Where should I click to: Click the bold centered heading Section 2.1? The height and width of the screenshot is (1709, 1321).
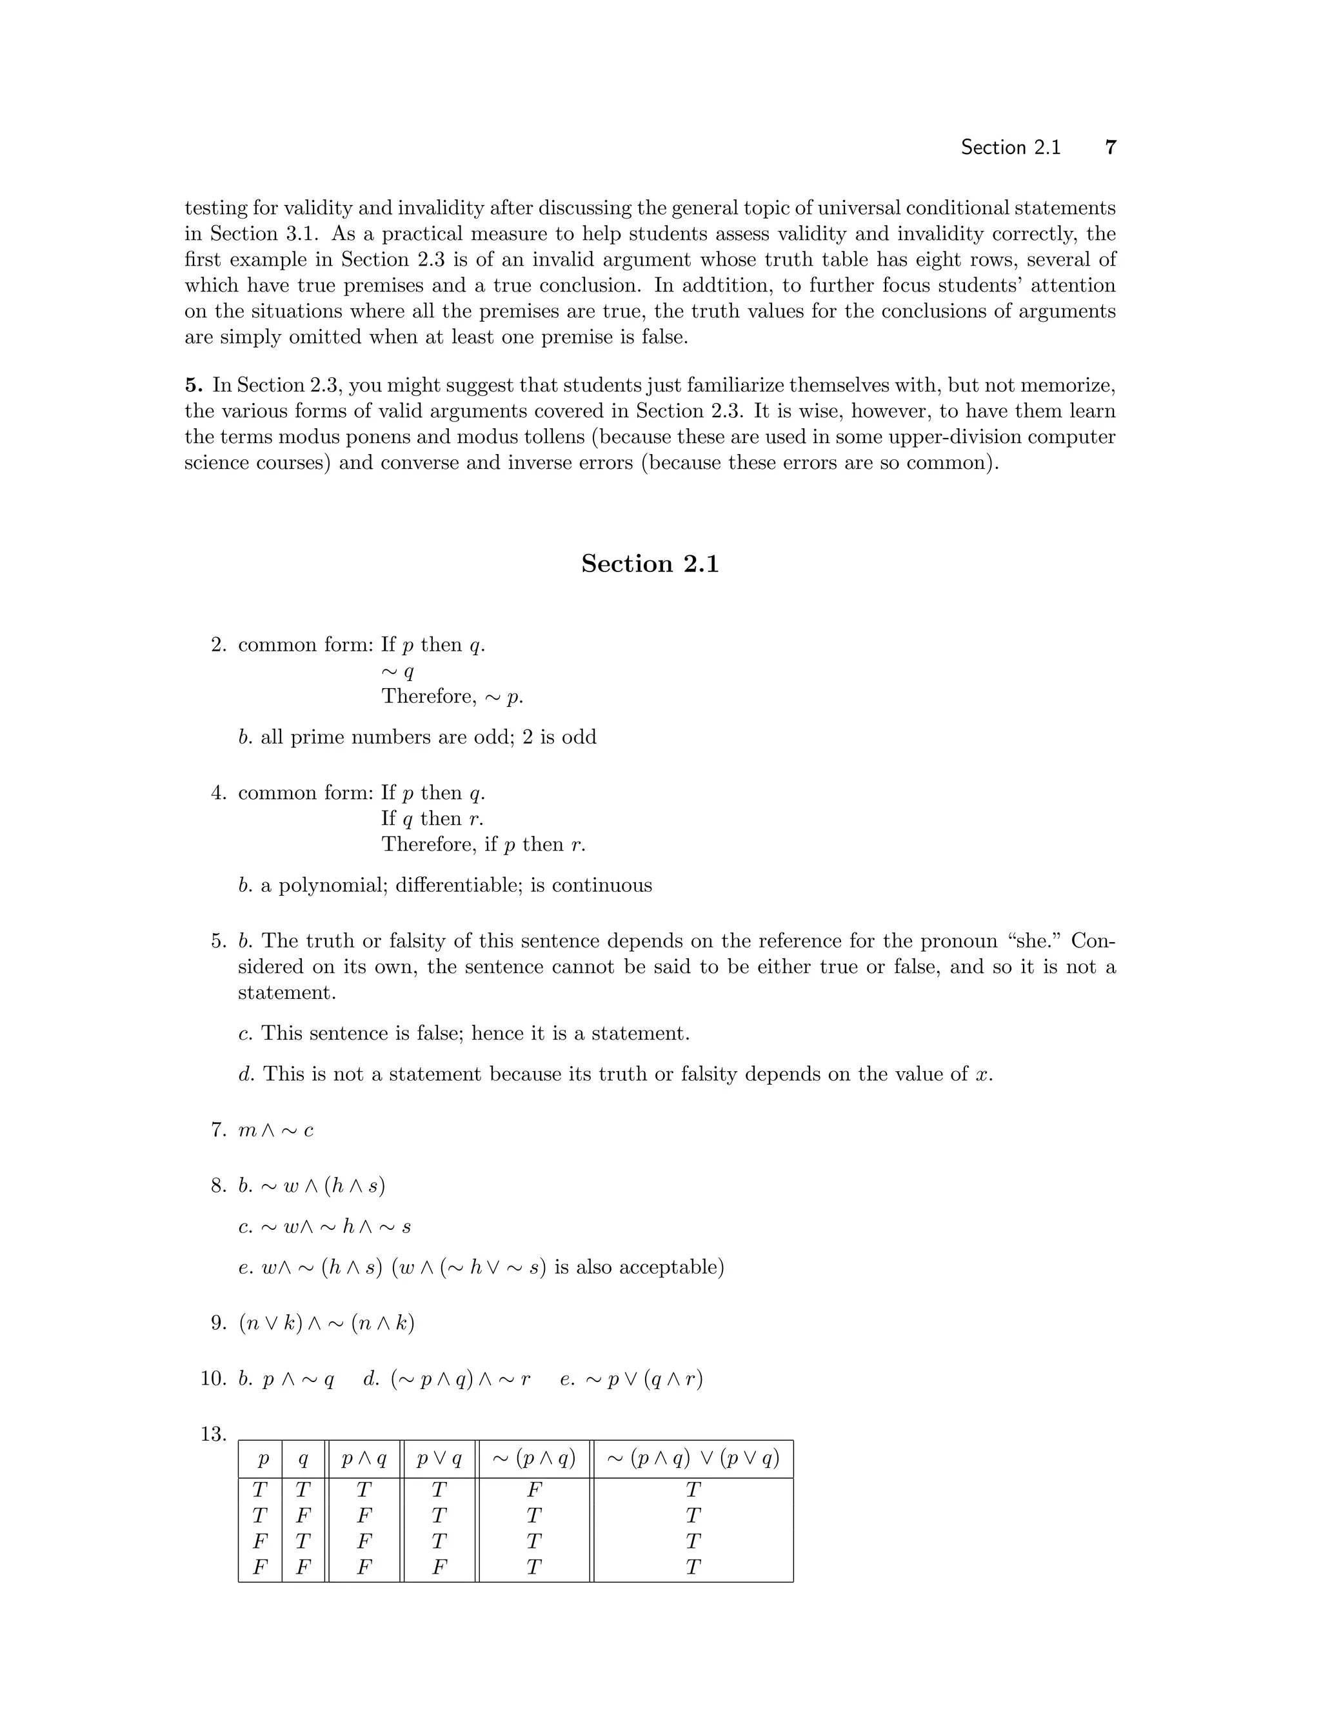(x=650, y=564)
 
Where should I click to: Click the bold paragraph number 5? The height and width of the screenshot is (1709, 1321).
(x=194, y=385)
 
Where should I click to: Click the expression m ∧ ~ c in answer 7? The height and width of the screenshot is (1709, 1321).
(x=275, y=1130)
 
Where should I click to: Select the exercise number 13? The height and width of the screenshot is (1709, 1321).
(x=213, y=1434)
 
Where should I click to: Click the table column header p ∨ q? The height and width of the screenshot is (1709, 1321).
(x=439, y=1459)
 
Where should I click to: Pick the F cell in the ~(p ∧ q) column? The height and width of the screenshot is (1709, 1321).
(x=533, y=1489)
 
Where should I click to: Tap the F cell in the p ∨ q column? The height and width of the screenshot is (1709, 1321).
(x=439, y=1566)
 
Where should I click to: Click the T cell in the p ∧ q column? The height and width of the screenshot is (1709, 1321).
(x=364, y=1489)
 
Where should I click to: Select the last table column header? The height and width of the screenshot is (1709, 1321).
(x=693, y=1459)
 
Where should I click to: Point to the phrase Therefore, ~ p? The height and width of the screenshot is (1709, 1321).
(x=452, y=696)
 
